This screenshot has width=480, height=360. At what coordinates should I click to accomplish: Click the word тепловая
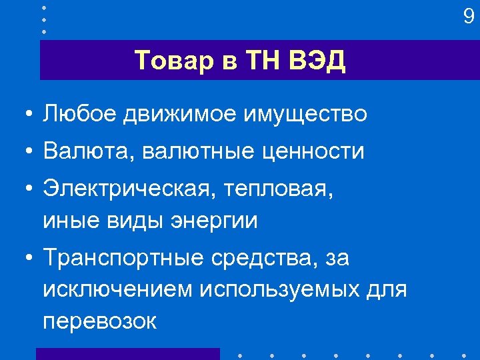tap(277, 189)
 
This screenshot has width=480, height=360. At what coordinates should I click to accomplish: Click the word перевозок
tap(99, 321)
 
